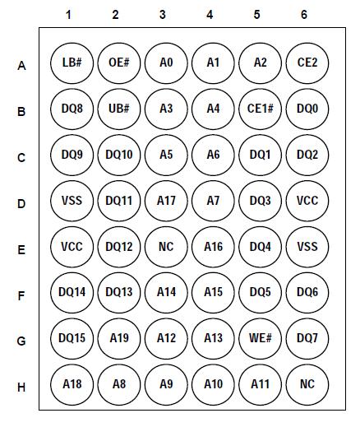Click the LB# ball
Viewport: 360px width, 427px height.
[x=69, y=62]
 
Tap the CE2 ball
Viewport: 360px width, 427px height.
[x=307, y=62]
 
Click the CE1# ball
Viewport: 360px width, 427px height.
[x=260, y=108]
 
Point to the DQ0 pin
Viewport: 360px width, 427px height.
[x=307, y=108]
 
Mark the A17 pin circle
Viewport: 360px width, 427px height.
[x=165, y=200]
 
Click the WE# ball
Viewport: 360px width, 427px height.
[x=260, y=338]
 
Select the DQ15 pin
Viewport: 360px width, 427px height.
[x=69, y=338]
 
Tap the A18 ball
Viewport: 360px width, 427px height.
[x=69, y=384]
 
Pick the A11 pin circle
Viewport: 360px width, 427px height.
[x=260, y=384]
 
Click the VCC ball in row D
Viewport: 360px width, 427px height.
[x=307, y=200]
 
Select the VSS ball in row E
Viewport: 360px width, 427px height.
[x=307, y=246]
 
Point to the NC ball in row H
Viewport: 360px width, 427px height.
[x=307, y=384]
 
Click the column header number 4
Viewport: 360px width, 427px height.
[x=210, y=14]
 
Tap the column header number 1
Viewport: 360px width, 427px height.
[x=69, y=14]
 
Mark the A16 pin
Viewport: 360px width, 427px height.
[x=213, y=246]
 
